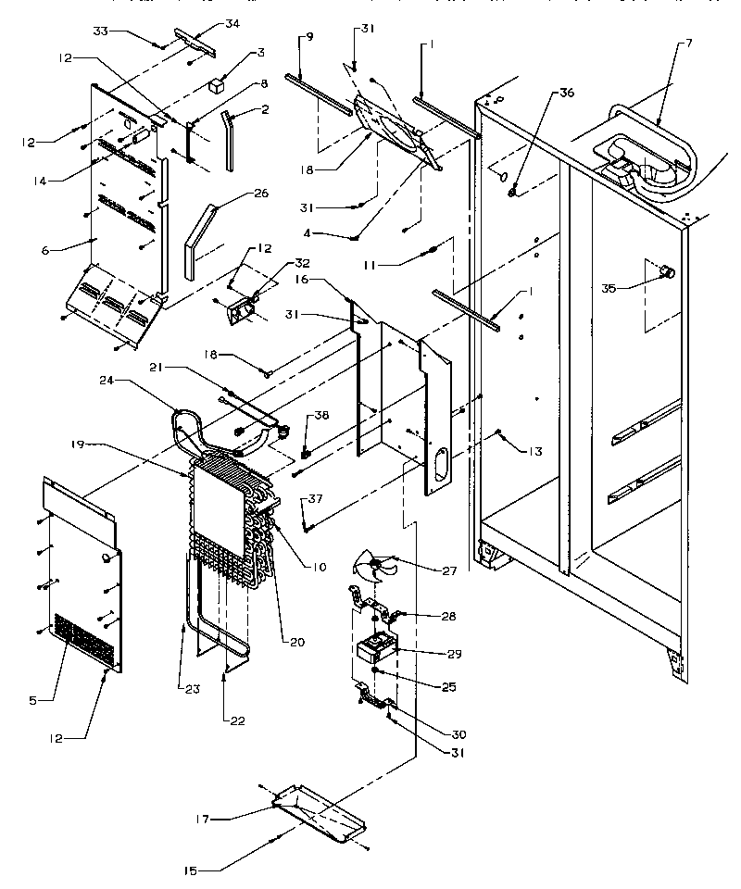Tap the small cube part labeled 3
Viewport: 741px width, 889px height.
(x=218, y=85)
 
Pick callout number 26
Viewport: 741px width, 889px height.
(x=260, y=194)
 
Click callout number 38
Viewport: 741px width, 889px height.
(x=321, y=417)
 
